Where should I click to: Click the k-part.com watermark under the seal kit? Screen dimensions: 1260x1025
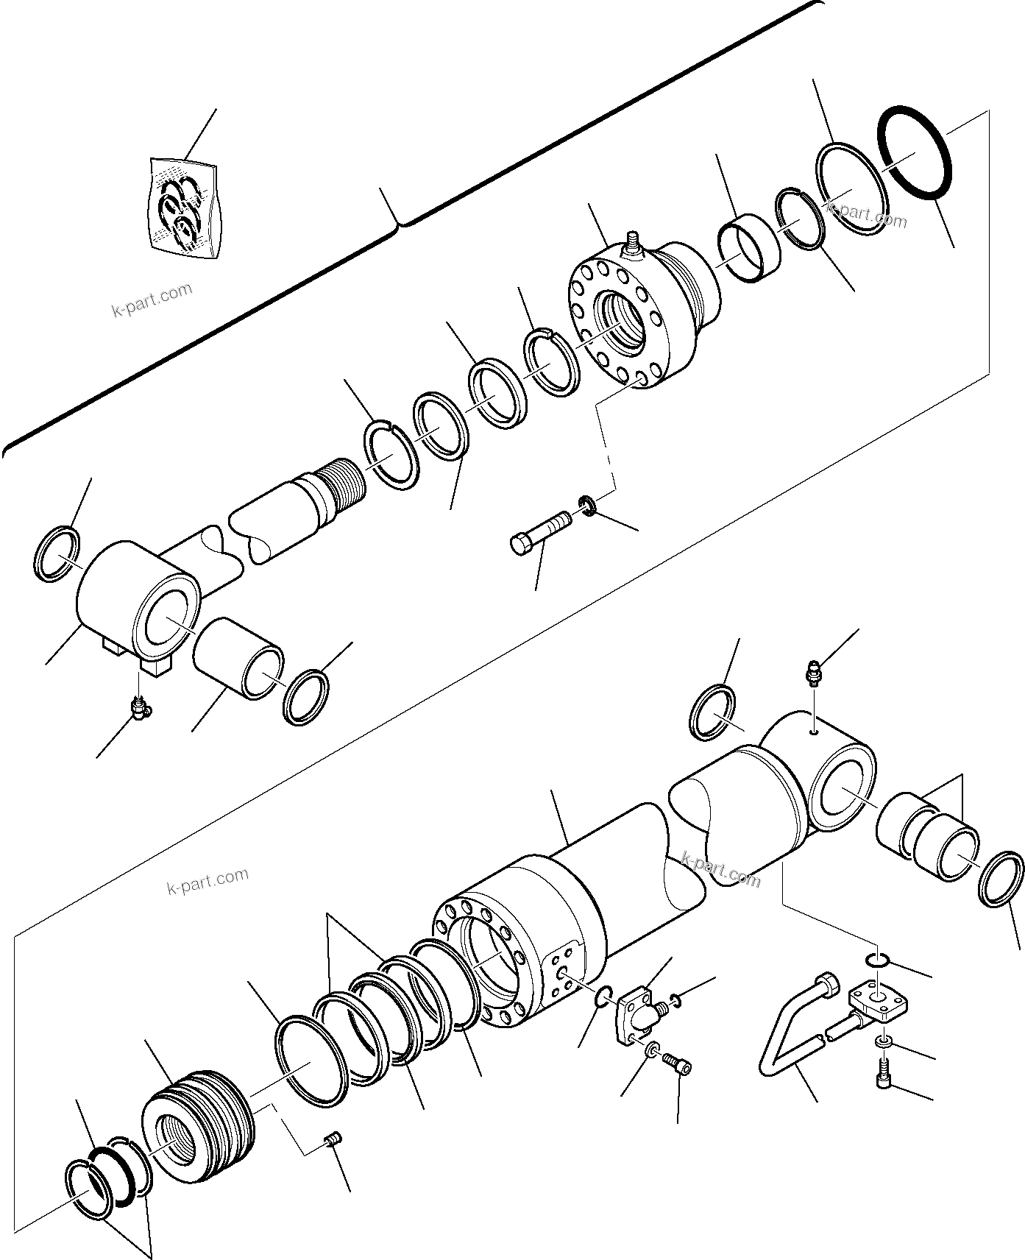click(152, 300)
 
